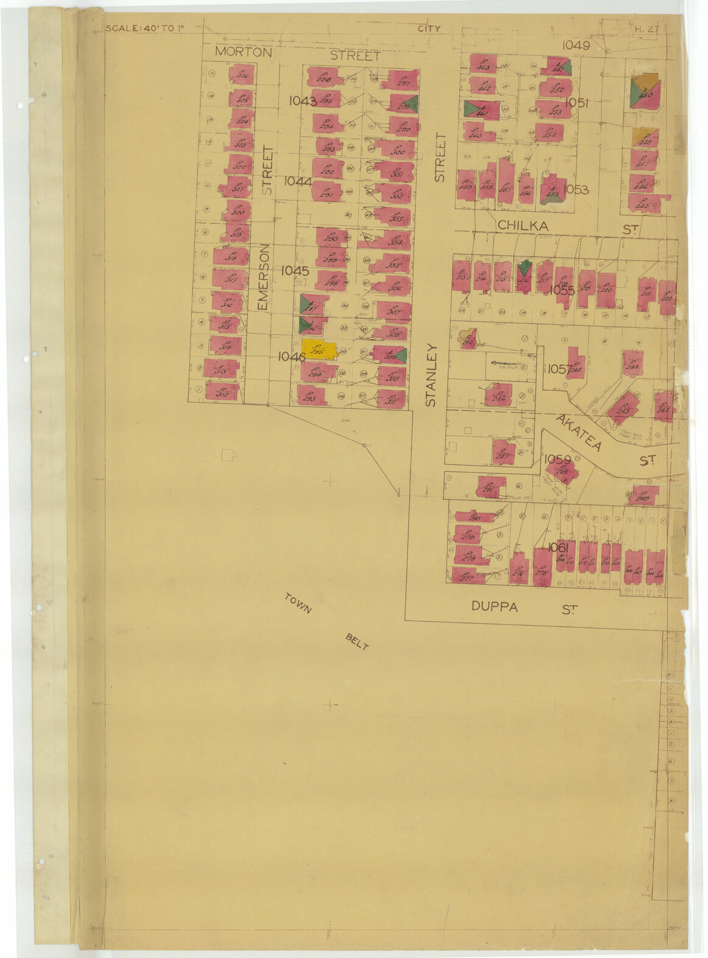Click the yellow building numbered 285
click(x=319, y=349)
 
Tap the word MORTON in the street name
click(x=244, y=52)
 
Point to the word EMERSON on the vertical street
click(x=263, y=278)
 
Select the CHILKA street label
click(x=523, y=226)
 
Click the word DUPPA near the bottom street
click(x=495, y=607)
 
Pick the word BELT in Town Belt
click(x=357, y=642)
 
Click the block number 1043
click(x=303, y=100)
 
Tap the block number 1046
click(x=291, y=357)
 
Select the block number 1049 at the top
click(x=576, y=45)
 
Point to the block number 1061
click(x=558, y=547)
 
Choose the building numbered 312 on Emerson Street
click(x=222, y=391)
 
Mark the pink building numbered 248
click(x=561, y=470)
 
